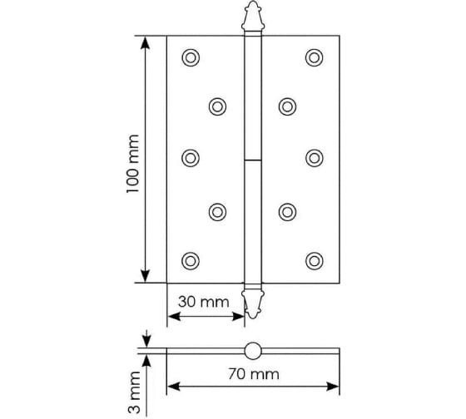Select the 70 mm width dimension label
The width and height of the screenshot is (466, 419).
click(x=253, y=373)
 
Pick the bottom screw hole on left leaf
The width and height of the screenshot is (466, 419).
click(x=191, y=260)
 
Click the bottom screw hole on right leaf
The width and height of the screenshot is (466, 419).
click(x=314, y=260)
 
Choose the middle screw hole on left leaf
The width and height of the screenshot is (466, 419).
click(x=191, y=157)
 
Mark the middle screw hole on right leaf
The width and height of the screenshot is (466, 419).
click(x=314, y=157)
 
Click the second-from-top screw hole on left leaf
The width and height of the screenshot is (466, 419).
click(x=217, y=106)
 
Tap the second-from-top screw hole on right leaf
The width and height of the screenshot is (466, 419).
click(x=287, y=106)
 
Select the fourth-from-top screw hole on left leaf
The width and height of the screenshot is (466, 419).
click(x=217, y=211)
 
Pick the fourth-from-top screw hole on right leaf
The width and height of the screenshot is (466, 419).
click(x=287, y=211)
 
